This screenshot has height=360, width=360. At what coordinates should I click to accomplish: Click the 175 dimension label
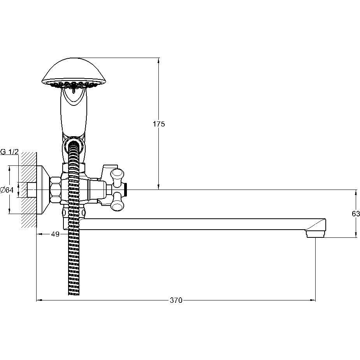(159, 124)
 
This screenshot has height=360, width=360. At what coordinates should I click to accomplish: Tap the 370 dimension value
(176, 300)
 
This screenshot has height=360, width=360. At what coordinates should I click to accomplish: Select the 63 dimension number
(356, 214)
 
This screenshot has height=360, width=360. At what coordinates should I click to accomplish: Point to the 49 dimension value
(55, 234)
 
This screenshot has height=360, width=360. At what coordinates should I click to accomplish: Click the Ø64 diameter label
(7, 190)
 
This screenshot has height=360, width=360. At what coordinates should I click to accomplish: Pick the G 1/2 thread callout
(9, 152)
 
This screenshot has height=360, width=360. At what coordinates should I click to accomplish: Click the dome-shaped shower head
(74, 73)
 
